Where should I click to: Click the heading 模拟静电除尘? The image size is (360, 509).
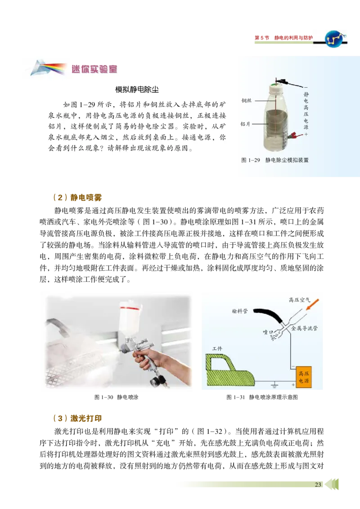pyautogui.click(x=137, y=89)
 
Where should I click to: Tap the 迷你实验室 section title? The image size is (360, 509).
pyautogui.click(x=94, y=69)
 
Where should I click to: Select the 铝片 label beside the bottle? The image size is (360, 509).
pyautogui.click(x=245, y=124)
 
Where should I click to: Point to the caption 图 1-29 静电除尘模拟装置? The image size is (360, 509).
pyautogui.click(x=275, y=160)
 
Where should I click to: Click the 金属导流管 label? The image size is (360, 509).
pyautogui.click(x=305, y=329)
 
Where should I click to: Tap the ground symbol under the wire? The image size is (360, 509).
pyautogui.click(x=273, y=385)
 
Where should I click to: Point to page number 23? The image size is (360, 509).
pyautogui.click(x=318, y=484)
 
